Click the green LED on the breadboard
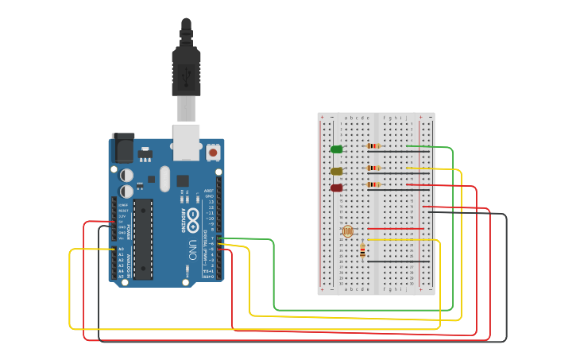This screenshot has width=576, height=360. (337, 149)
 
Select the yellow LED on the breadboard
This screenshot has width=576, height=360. (337, 171)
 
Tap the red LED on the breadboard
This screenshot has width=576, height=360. (337, 188)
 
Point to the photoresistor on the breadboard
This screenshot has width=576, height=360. (346, 230)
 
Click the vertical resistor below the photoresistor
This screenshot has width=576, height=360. (363, 250)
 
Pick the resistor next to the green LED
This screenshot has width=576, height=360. (373, 146)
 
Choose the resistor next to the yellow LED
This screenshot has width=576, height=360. (373, 168)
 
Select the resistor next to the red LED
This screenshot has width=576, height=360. (373, 184)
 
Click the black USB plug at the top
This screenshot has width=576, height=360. (187, 72)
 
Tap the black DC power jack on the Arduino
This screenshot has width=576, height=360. (123, 148)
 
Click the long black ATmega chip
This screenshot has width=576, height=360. (143, 238)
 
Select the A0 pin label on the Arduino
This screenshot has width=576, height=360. (121, 250)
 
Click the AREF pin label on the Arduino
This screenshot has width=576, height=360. (208, 191)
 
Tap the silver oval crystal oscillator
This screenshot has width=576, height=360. (164, 179)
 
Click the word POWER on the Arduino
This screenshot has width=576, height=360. (130, 230)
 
